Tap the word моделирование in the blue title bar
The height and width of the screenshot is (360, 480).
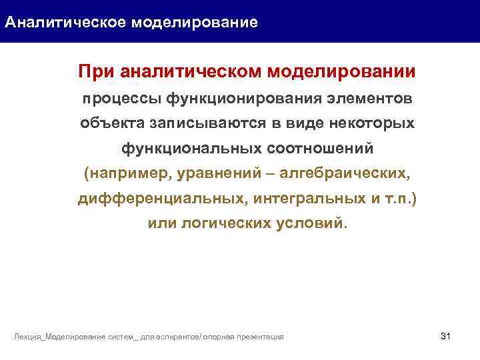[194, 23]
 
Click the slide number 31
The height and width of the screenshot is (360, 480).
[446, 335]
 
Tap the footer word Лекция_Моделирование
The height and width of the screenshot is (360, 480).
[59, 337]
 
